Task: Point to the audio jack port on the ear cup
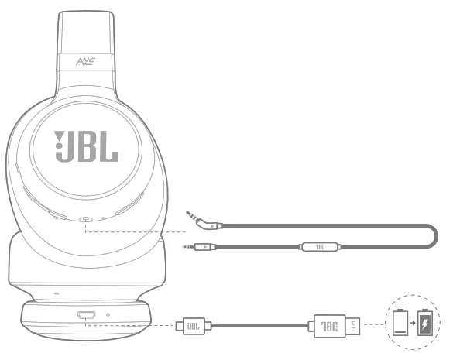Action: (84, 220)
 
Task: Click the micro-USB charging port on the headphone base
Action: (86, 315)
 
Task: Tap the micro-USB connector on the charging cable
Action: (190, 327)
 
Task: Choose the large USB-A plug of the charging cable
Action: (333, 327)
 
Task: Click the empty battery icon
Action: (401, 323)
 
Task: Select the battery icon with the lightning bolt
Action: (425, 323)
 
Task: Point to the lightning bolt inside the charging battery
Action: (425, 324)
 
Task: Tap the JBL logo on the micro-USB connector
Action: (194, 327)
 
